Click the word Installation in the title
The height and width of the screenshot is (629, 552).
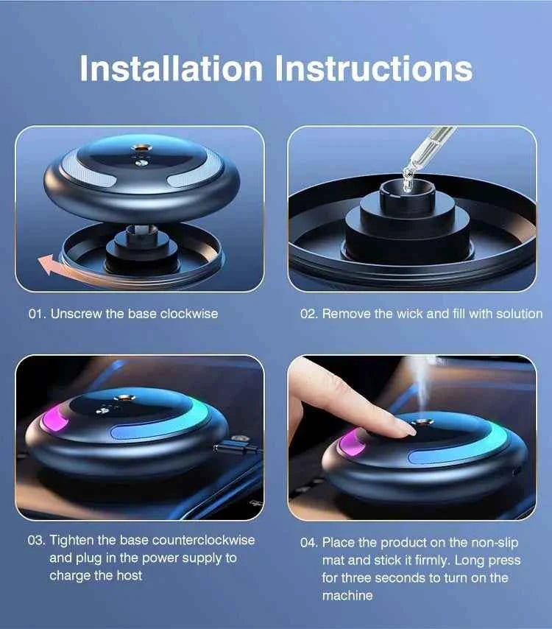170,68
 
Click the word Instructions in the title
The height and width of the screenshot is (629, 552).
374,68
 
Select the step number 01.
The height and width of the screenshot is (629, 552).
36,313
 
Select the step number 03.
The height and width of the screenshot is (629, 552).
36,540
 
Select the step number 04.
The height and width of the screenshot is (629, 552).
308,543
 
